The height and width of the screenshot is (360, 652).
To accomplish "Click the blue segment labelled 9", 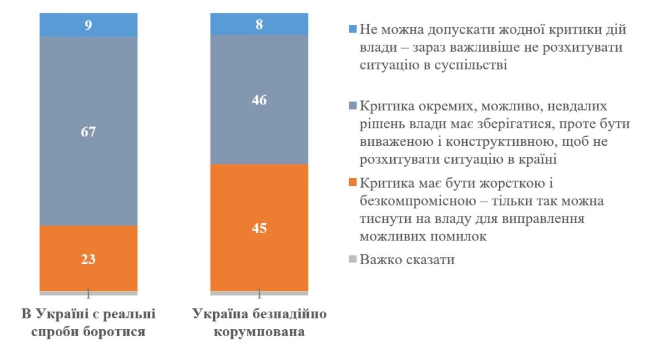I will (88, 26).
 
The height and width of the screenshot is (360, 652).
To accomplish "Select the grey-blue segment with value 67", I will (88, 131).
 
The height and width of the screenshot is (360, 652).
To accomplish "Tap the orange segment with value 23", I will (88, 258).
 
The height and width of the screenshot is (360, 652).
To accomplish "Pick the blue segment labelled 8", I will (259, 24).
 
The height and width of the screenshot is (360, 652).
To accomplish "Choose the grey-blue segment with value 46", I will (259, 100).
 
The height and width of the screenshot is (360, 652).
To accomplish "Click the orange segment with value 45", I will (259, 228).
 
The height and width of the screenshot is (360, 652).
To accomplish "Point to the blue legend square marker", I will (352, 29).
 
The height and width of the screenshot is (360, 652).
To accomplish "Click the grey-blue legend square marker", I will (352, 107).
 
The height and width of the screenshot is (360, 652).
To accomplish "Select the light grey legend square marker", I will (352, 260).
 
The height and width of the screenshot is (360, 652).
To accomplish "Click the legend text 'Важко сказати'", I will (407, 260).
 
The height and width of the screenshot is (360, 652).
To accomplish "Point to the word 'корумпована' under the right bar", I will (259, 333).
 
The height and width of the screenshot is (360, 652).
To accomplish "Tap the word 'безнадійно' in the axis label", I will (294, 314).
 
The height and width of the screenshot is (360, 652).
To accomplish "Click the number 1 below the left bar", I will (88, 293).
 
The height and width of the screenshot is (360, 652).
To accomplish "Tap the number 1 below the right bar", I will (259, 293).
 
